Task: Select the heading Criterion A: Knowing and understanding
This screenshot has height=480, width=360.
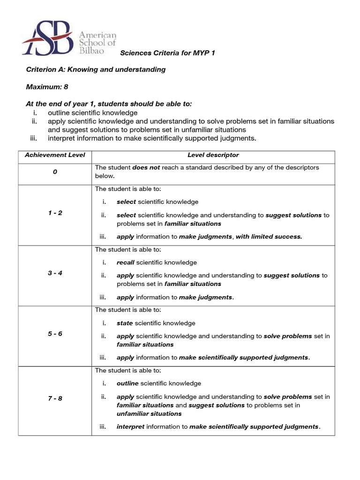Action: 96,69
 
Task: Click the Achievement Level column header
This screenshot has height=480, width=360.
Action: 55,155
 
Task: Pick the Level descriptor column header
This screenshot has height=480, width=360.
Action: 213,155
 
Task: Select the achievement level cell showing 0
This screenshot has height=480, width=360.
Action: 55,172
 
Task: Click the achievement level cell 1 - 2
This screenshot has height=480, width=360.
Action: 55,213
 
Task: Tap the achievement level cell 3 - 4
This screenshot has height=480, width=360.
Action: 55,273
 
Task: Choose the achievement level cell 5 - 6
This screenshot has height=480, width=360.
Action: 55,334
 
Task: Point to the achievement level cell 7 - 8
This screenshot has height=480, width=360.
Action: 55,398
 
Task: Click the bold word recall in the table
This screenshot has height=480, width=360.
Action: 125,262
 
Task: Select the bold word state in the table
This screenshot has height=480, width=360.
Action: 125,323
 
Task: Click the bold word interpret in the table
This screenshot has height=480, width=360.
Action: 131,427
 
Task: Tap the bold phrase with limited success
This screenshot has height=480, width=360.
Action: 269,237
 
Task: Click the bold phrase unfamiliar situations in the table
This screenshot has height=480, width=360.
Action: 149,414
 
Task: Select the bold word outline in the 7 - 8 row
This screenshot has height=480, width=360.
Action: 127,383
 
